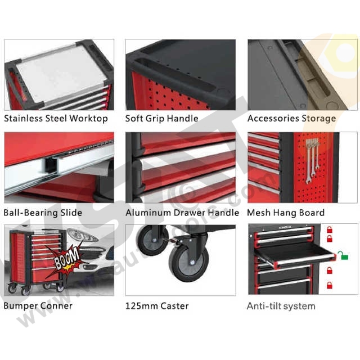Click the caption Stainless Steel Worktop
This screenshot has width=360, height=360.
coord(56,119)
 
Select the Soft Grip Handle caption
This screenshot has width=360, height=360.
coord(161,119)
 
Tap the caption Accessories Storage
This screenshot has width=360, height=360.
coord(291,119)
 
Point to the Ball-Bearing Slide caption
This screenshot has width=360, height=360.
coord(43,213)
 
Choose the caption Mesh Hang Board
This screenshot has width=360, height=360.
coord(286,213)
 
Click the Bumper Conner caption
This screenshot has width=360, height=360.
coord(38,306)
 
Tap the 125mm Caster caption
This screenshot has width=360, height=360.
coord(157,306)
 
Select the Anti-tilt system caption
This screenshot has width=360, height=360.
coord(281,306)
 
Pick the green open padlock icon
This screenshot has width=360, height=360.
coord(343,256)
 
